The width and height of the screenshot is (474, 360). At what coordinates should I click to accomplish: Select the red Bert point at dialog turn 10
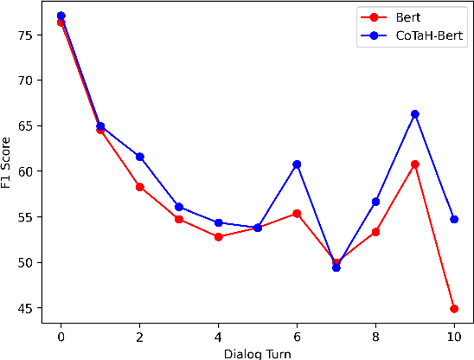coord(454,308)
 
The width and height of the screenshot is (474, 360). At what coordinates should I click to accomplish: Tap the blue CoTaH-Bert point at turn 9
coord(414,114)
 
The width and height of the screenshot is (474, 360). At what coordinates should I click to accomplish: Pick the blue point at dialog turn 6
coord(297,164)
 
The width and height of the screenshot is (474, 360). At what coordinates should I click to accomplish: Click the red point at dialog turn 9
coord(414,164)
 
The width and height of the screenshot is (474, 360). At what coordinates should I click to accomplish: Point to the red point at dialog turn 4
coord(218,236)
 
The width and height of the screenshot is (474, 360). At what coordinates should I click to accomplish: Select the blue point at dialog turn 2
coord(139,157)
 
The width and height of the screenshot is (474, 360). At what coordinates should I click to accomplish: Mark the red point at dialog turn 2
coord(139,187)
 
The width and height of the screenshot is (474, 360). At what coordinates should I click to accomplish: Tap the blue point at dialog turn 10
coord(454,219)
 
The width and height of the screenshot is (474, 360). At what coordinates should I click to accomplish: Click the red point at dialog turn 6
coord(297,213)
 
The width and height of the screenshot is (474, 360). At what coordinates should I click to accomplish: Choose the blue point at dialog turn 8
coord(375,202)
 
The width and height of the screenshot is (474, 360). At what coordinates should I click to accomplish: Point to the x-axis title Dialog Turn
coord(257,353)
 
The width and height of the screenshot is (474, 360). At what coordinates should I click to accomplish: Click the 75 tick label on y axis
coord(27,35)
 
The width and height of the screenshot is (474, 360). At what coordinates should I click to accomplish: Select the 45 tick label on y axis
coord(27,308)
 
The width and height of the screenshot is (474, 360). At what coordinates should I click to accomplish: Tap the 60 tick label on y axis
coord(27,171)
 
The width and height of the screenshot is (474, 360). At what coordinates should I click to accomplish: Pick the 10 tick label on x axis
coord(454,336)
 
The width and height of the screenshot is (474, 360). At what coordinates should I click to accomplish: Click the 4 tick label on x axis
coord(218,336)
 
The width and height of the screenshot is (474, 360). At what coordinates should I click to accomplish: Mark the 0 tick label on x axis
coord(61,336)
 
